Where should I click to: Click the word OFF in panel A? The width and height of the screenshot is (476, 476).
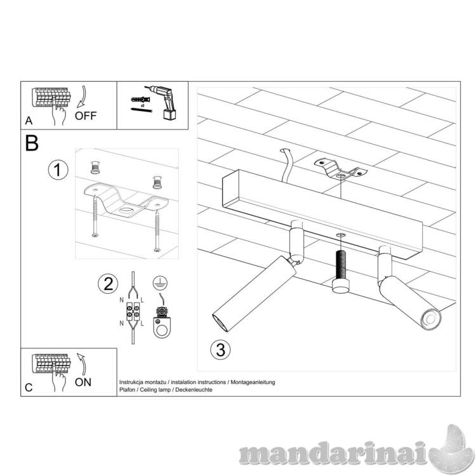tap(86, 116)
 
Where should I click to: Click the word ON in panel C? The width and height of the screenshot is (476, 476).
tap(83, 382)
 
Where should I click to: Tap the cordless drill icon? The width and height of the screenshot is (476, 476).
tap(162, 102)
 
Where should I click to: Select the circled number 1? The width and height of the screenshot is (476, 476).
tap(58, 169)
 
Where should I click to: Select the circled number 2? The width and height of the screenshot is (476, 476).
tap(108, 284)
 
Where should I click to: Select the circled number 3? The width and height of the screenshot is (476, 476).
tap(220, 350)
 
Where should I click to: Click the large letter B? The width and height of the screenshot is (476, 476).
tap(32, 143)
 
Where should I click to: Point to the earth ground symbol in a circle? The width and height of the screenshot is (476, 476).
tap(161, 283)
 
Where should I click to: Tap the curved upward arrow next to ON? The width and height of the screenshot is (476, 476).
tap(82, 364)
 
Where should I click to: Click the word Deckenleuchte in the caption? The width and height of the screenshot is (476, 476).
tap(194, 390)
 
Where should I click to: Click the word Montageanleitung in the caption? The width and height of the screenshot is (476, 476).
tap(253, 382)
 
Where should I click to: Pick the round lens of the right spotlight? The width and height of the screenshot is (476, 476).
tap(430, 320)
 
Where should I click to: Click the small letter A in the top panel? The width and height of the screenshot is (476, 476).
tap(29, 121)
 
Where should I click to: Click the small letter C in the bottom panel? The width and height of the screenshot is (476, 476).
tap(29, 388)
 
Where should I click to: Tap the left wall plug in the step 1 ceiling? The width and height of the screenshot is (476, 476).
tap(95, 168)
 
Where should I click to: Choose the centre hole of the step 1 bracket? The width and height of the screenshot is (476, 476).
tap(126, 210)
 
